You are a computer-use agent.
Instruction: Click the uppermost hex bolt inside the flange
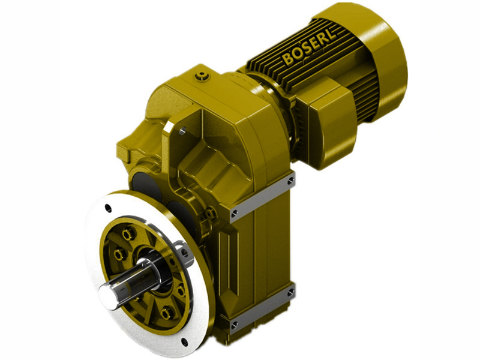pyautogui.click(x=127, y=233)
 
